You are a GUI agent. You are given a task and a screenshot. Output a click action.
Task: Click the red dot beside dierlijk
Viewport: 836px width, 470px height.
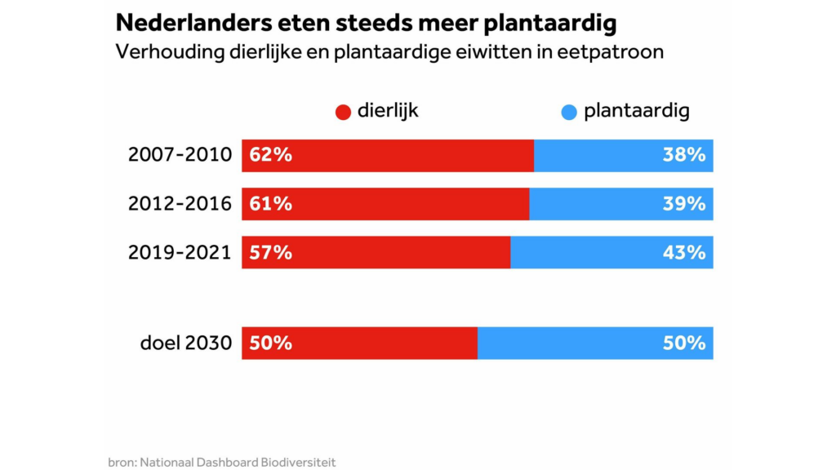[343, 113]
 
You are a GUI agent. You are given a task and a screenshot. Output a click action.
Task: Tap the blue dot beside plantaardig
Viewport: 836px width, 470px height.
[569, 113]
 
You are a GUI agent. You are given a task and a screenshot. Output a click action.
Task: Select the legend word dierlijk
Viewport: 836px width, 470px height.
[388, 111]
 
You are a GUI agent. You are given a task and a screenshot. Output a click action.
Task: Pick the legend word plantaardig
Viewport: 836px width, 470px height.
[637, 111]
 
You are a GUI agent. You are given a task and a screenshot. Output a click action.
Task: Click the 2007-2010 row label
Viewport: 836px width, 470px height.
[180, 155]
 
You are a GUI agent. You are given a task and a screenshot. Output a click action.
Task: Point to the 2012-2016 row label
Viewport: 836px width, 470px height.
[180, 204]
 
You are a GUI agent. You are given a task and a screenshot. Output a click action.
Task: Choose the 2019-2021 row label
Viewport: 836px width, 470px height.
[180, 252]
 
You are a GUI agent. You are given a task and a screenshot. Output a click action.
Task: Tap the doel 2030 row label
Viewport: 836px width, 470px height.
[186, 344]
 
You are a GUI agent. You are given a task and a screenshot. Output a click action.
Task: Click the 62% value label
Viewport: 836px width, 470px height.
[271, 155]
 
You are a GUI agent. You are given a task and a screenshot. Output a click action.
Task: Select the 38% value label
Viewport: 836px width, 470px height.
[684, 155]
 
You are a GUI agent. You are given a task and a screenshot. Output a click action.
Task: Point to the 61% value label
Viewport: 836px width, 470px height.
[271, 204]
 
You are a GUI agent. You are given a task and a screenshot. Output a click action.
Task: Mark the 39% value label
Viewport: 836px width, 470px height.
[684, 204]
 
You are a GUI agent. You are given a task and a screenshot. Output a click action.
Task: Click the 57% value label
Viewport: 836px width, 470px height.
[271, 252]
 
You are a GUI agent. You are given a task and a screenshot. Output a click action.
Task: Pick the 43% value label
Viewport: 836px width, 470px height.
[684, 252]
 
